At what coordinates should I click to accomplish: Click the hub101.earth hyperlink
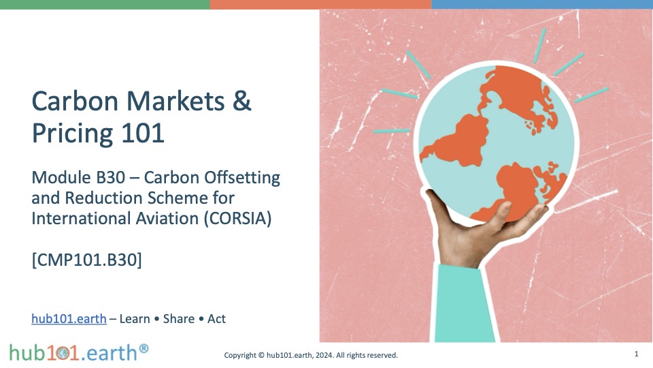pyautogui.click(x=69, y=319)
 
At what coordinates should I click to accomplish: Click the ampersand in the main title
pyautogui.click(x=242, y=101)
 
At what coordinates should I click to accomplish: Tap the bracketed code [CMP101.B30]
pyautogui.click(x=86, y=260)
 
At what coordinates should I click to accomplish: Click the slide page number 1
pyautogui.click(x=637, y=354)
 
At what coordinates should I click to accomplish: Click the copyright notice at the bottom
pyautogui.click(x=311, y=355)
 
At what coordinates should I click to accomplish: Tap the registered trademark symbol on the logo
pyautogui.click(x=144, y=348)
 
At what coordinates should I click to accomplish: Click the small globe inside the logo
pyautogui.click(x=63, y=354)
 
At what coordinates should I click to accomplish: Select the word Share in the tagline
pyautogui.click(x=179, y=319)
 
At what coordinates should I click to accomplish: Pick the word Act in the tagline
pyautogui.click(x=216, y=319)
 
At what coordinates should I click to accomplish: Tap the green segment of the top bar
pyautogui.click(x=105, y=4)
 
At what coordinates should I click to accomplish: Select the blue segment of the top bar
pyautogui.click(x=542, y=4)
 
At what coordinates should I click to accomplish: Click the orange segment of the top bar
pyautogui.click(x=320, y=4)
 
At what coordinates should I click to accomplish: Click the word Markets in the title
pyautogui.click(x=175, y=101)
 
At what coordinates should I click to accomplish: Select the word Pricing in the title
pyautogui.click(x=72, y=134)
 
